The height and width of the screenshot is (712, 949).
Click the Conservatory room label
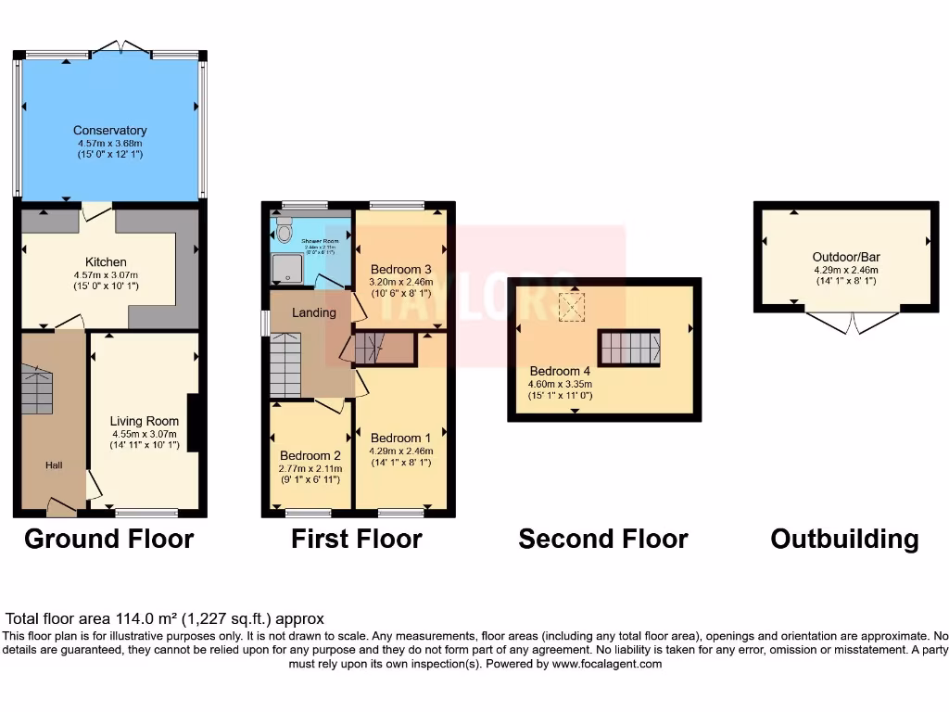coord(110,131)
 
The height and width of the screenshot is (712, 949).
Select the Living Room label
coord(144,421)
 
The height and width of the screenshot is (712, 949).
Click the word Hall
coord(54,464)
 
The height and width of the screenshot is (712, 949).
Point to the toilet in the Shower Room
coord(284,226)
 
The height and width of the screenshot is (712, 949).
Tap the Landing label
coord(314,312)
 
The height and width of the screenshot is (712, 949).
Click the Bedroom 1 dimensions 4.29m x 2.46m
coord(401,451)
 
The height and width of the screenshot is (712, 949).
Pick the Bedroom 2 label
coord(311,456)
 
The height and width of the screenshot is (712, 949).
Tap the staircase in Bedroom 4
coord(630,349)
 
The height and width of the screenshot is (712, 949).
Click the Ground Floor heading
coord(108,539)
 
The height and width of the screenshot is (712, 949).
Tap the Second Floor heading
coord(603,539)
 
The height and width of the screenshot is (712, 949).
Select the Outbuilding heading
coord(844,539)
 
